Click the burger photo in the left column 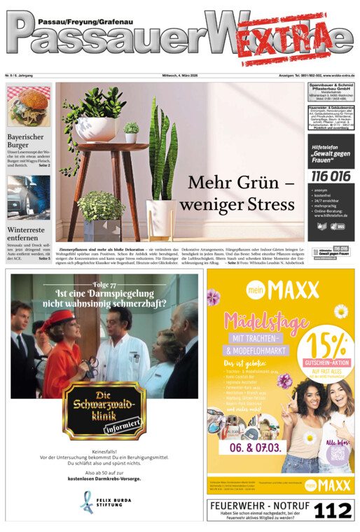click(29, 106)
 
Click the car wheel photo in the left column click(29, 197)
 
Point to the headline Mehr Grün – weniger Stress click(237, 193)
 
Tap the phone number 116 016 click(331, 176)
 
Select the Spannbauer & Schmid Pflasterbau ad click(331, 92)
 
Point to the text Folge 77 click(104, 285)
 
